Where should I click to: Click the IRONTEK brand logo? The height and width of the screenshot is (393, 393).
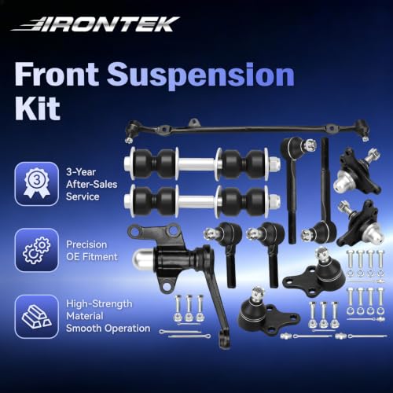pyautogui.click(x=95, y=24)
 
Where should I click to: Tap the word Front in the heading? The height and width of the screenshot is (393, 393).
pyautogui.click(x=57, y=74)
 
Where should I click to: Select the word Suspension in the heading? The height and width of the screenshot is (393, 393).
pyautogui.click(x=200, y=75)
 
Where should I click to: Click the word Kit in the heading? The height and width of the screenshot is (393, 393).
pyautogui.click(x=38, y=108)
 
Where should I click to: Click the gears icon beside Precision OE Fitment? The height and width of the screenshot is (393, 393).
pyautogui.click(x=37, y=250)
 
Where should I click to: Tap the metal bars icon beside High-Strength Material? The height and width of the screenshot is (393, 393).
pyautogui.click(x=37, y=317)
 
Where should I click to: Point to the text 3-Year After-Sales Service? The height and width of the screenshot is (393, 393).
pyautogui.click(x=91, y=184)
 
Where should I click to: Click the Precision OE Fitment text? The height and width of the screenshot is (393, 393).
pyautogui.click(x=92, y=251)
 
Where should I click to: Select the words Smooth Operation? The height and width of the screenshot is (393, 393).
pyautogui.click(x=108, y=328)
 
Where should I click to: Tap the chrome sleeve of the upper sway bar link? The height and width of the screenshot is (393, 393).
pyautogui.click(x=196, y=163)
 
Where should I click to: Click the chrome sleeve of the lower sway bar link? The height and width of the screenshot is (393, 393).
pyautogui.click(x=196, y=201)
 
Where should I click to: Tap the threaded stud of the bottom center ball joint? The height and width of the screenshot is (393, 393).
pyautogui.click(x=258, y=294)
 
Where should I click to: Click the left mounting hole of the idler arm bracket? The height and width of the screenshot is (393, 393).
pyautogui.click(x=134, y=231)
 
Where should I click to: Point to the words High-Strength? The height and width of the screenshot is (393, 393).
pyautogui.click(x=99, y=304)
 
